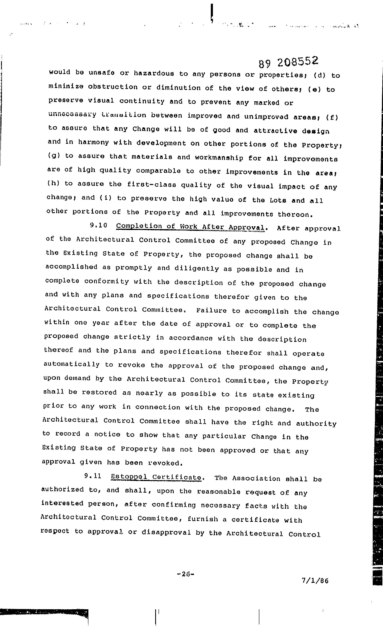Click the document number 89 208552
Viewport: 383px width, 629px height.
(x=288, y=62)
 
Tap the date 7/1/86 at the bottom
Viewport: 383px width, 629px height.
(x=315, y=581)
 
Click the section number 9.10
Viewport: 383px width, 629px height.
(x=98, y=225)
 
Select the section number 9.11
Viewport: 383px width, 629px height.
(x=93, y=476)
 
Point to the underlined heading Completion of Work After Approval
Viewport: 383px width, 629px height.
(x=190, y=227)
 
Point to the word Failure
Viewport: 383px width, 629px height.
(x=211, y=311)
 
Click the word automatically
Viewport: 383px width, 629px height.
(x=72, y=364)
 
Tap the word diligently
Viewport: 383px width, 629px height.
(x=197, y=268)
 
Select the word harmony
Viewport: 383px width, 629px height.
(x=93, y=142)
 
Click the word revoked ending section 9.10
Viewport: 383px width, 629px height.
(x=165, y=463)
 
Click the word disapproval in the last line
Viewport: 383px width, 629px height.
(x=166, y=532)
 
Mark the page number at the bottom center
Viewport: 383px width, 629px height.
(x=186, y=574)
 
